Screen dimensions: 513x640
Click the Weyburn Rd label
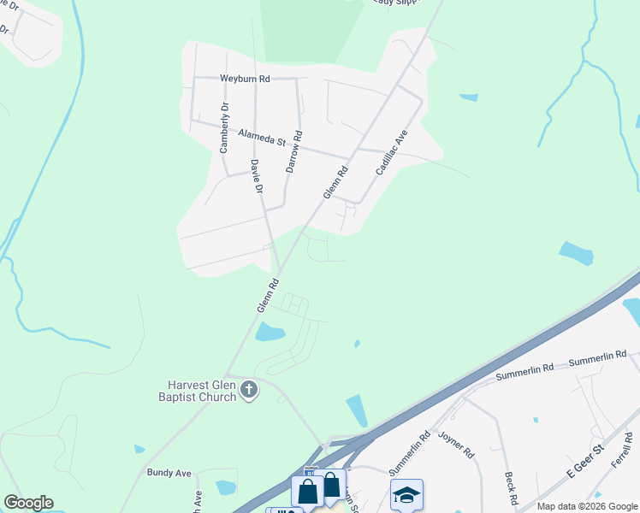point(245,79)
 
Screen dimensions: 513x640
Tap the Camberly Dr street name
point(224,128)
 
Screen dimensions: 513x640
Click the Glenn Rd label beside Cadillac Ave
point(335,182)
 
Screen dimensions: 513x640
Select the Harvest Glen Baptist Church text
point(203,391)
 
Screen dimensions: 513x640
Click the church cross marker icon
point(249,391)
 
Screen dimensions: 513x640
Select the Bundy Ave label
point(169,473)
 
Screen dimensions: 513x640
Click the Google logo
point(28,503)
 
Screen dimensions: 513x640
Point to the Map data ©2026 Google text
point(586,506)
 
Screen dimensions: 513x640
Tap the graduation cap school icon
point(406,494)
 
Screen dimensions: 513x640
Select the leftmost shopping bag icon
point(307,491)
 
